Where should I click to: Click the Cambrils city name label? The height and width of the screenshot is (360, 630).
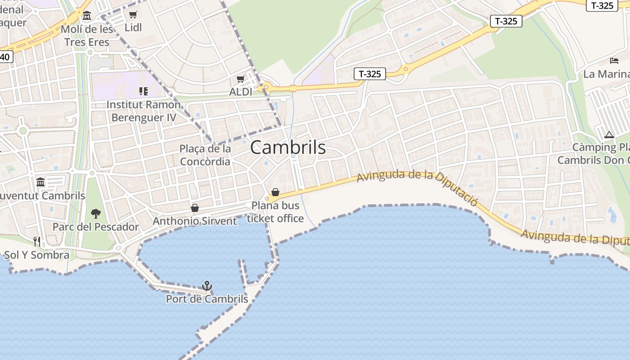point(288,148)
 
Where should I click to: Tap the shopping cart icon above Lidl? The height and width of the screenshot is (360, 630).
point(133,15)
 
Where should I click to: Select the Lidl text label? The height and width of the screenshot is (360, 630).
point(133,27)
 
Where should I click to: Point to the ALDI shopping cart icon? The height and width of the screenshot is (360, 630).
point(241,79)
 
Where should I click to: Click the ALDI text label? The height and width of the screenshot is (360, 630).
point(241,92)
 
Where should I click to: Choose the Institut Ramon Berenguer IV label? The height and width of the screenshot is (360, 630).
point(144,111)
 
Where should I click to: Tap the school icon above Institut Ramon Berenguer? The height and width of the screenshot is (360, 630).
point(144,92)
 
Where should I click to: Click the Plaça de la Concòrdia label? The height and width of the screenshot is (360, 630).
point(205,155)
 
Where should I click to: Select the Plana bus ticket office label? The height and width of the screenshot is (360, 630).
point(275,212)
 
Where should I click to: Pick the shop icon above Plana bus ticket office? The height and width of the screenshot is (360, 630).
point(275,193)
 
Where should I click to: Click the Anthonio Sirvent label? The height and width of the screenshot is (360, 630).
point(194,221)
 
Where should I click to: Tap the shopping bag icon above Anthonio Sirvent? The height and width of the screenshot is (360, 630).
point(195,208)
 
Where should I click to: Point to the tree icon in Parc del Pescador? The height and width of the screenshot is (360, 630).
point(95,213)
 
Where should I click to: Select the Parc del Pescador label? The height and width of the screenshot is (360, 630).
point(96,227)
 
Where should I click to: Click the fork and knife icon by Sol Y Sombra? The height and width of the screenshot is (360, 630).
point(37,242)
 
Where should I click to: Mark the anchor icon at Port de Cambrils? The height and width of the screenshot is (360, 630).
point(207,286)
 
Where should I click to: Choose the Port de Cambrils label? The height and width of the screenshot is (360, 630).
point(207,299)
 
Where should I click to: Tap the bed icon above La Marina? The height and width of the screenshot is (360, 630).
point(614,60)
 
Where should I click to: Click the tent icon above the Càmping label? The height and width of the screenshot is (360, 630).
point(609,134)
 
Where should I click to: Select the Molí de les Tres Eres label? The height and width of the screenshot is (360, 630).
point(87,36)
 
